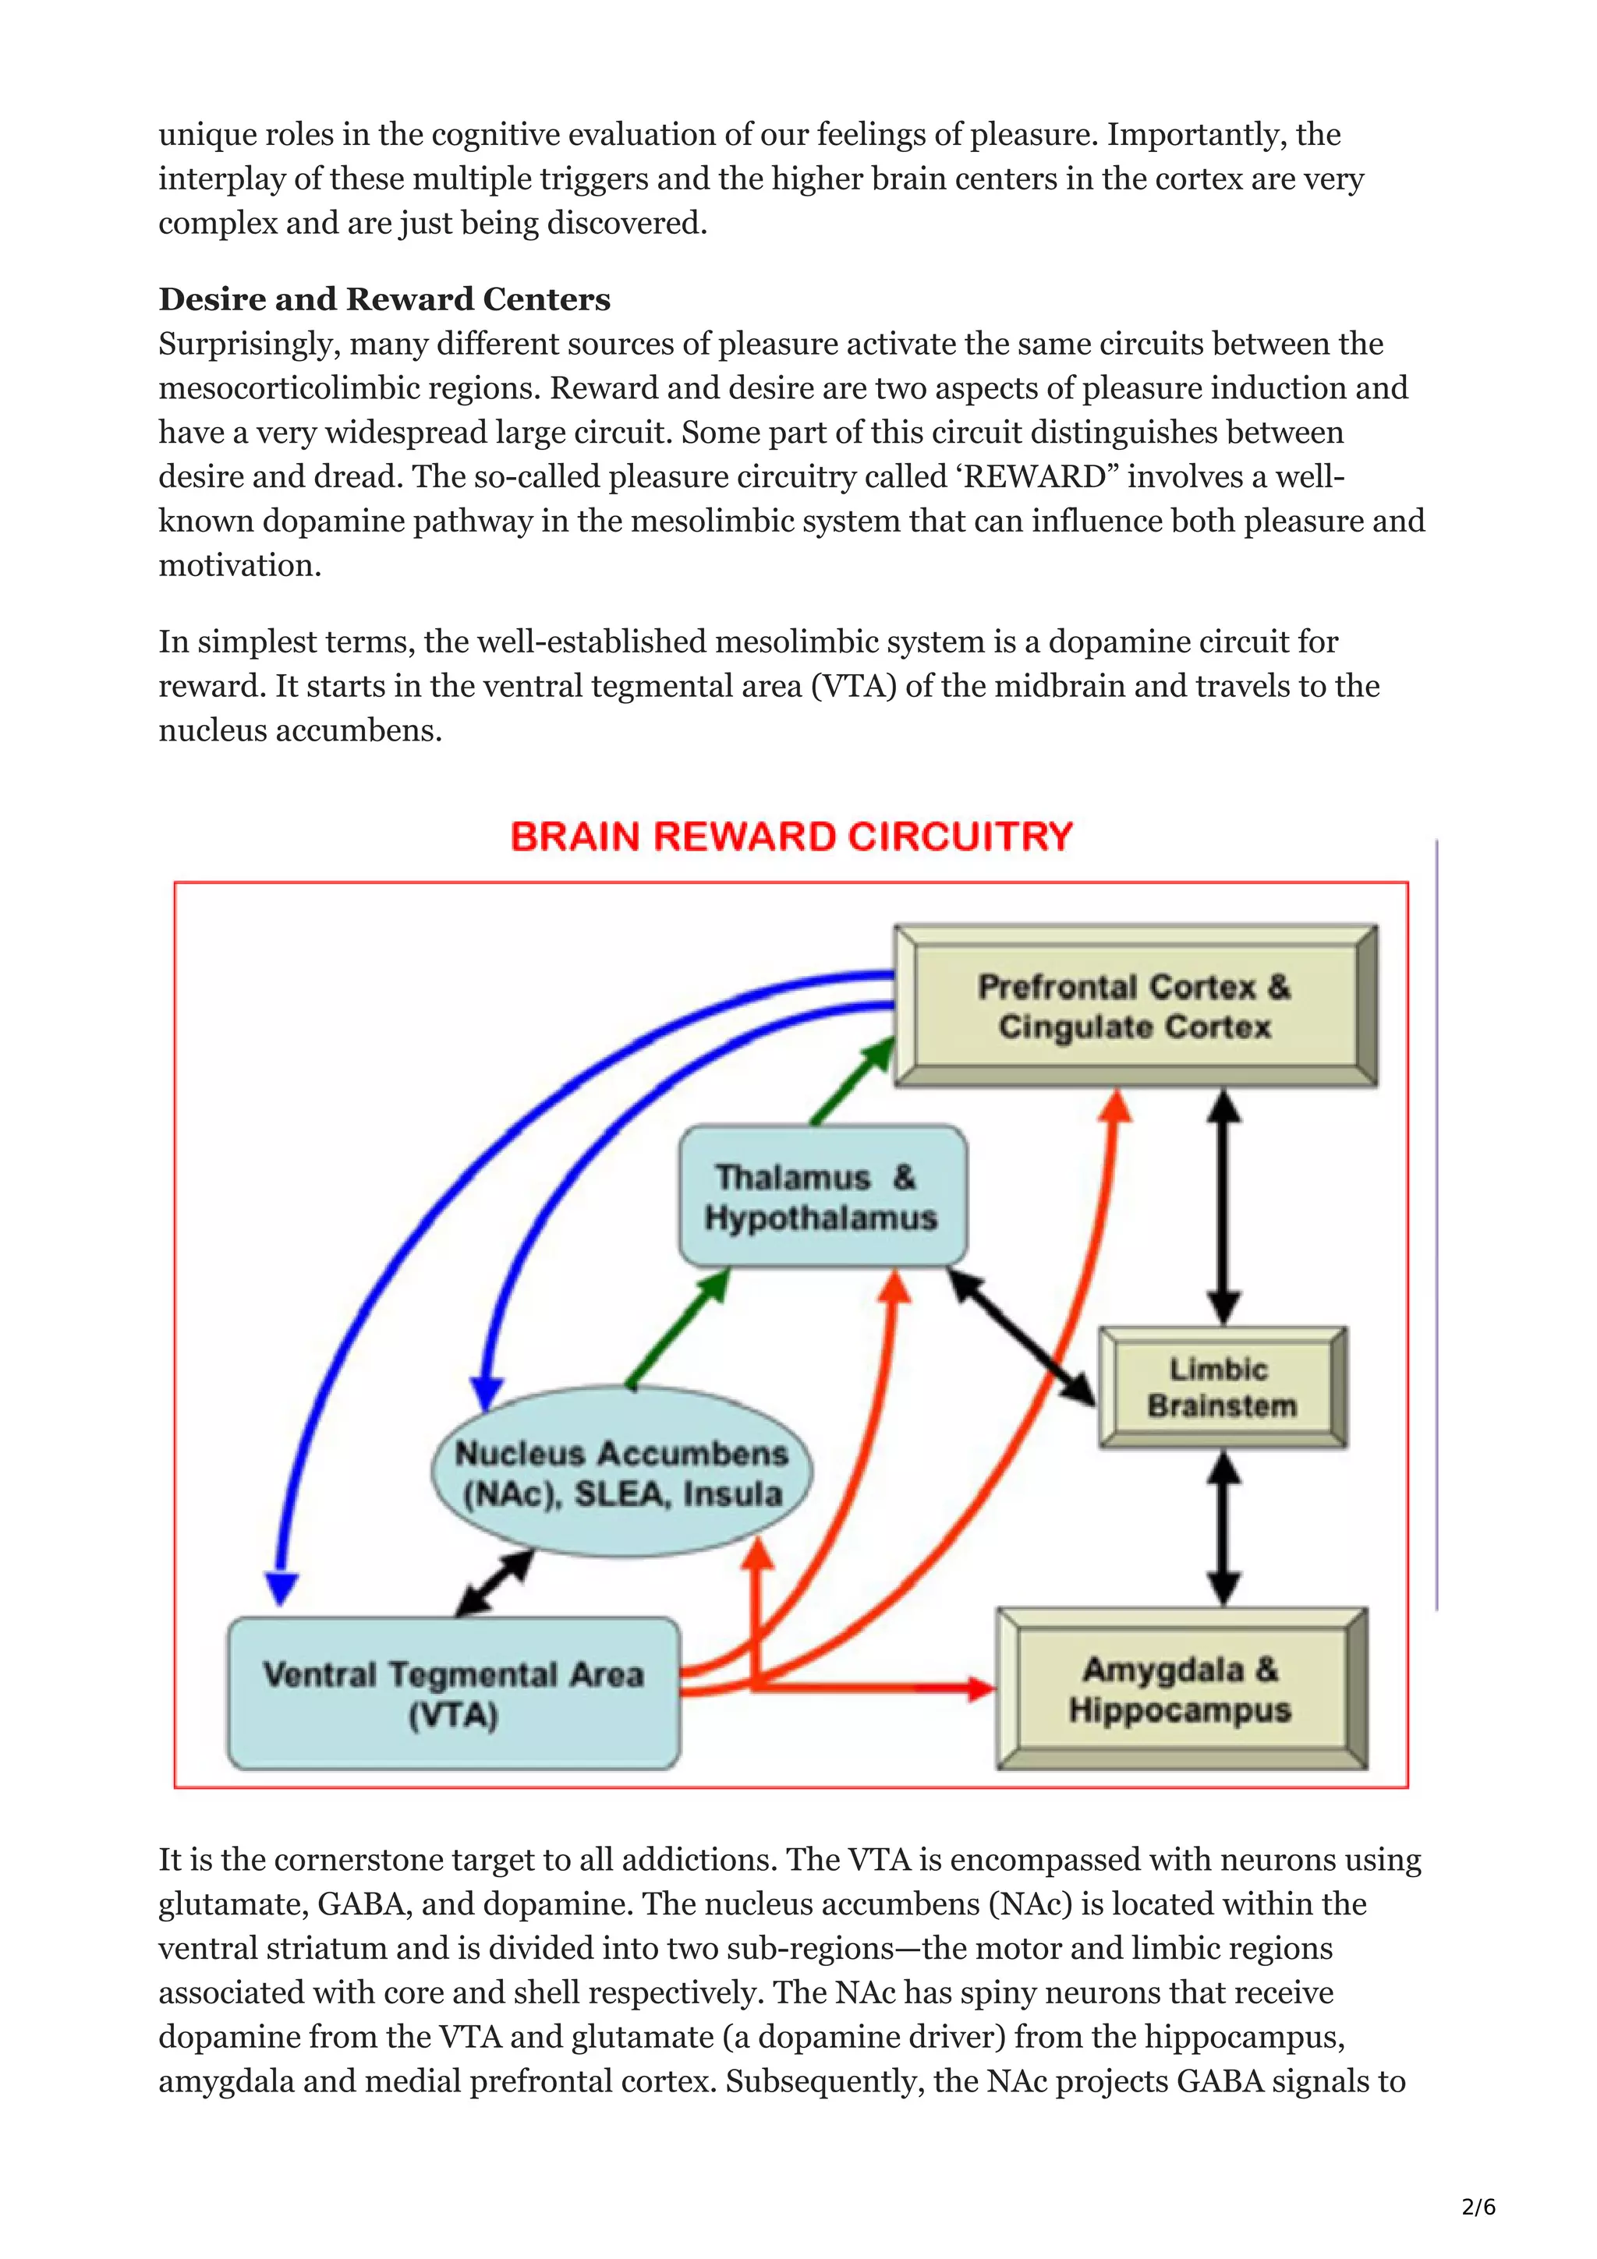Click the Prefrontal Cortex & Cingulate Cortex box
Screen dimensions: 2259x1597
click(1135, 1006)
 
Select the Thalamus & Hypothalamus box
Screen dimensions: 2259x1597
click(823, 1197)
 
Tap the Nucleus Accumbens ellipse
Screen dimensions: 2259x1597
click(621, 1473)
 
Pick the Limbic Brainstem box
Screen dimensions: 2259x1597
click(1222, 1388)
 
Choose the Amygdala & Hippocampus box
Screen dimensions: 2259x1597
click(1181, 1689)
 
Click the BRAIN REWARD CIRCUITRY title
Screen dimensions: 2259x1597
click(791, 836)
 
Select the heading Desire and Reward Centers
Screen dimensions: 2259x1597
click(384, 299)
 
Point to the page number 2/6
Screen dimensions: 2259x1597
click(1478, 2207)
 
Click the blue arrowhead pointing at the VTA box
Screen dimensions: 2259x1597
click(282, 1588)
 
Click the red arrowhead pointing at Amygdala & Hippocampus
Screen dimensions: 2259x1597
click(980, 1688)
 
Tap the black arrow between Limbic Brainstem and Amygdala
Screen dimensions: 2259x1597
click(1223, 1529)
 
